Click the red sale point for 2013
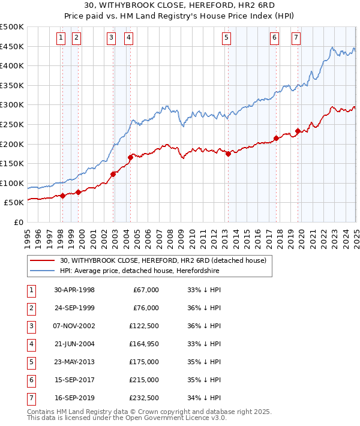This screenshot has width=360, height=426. [x=229, y=154]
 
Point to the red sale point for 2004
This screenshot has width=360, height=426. [x=130, y=157]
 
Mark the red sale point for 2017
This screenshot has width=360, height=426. [x=276, y=138]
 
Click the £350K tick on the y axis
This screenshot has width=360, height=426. [x=12, y=86]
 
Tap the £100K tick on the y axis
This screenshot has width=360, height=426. [x=12, y=184]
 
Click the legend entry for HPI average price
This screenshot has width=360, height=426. [x=139, y=271]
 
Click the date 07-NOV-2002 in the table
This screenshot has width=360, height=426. [x=74, y=326]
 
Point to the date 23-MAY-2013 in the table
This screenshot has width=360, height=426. [x=74, y=362]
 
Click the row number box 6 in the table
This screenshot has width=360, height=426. [x=31, y=380]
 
